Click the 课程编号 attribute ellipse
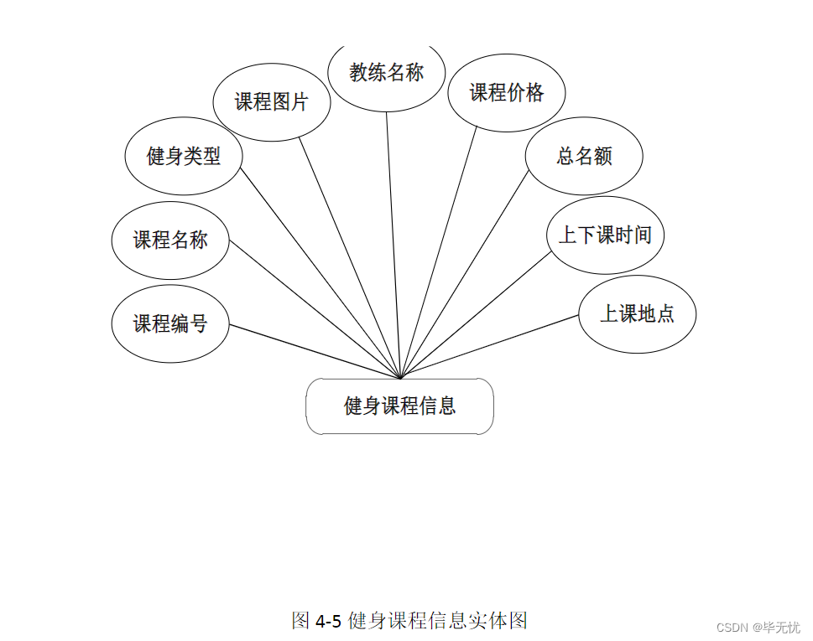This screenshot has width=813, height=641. point(170,324)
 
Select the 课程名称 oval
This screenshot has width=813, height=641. point(170,240)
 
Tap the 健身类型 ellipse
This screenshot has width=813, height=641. point(184,156)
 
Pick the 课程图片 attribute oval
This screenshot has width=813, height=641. point(272,102)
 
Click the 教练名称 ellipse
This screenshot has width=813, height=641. point(386,73)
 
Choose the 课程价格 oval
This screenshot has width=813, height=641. point(506,93)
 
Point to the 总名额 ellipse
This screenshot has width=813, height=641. point(584,156)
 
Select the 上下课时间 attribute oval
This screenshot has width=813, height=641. point(605,235)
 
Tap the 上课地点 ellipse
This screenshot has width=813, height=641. point(637,314)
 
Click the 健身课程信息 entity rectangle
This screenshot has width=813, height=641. point(399,406)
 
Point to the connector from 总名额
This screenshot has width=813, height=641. point(465,275)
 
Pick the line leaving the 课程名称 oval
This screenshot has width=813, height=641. point(315,309)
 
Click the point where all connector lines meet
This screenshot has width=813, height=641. point(401,379)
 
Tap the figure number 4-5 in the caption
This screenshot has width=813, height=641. point(328,621)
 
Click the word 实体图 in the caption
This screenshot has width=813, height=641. point(503,621)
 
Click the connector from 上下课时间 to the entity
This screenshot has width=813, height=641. point(476,315)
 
